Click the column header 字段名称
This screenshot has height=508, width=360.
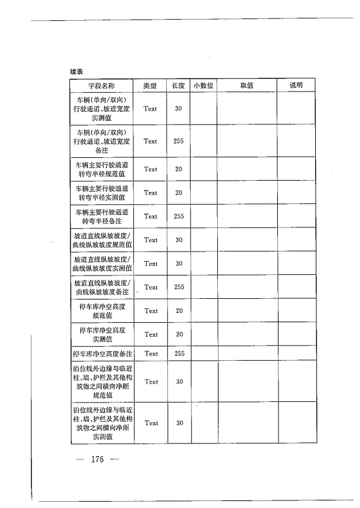[x=100, y=86]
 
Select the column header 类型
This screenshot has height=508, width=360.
[x=150, y=86]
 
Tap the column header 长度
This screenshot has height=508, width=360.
[x=178, y=86]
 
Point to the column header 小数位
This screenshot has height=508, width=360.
[x=204, y=86]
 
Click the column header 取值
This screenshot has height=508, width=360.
[x=247, y=86]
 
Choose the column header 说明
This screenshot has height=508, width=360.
[x=296, y=85]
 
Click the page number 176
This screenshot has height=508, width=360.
[x=97, y=459]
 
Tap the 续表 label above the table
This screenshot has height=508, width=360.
[x=77, y=72]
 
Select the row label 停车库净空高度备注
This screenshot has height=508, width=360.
[x=101, y=354]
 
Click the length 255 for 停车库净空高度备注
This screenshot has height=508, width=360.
[x=179, y=354]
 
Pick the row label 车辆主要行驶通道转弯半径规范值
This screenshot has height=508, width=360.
[x=101, y=169]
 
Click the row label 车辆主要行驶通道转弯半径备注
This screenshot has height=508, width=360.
[x=101, y=217]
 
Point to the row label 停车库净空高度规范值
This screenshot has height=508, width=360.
[x=101, y=311]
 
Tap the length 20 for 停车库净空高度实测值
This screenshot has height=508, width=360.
[x=179, y=334]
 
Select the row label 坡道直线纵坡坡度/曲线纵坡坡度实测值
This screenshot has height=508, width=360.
[x=101, y=264]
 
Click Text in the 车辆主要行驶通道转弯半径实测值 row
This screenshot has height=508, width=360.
[x=150, y=193]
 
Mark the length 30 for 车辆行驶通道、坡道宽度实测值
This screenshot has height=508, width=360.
[x=179, y=109]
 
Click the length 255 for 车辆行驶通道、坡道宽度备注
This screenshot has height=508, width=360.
[x=179, y=142]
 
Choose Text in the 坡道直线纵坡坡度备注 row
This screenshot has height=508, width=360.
[x=150, y=287]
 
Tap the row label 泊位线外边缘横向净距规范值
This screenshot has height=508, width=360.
[x=101, y=382]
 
